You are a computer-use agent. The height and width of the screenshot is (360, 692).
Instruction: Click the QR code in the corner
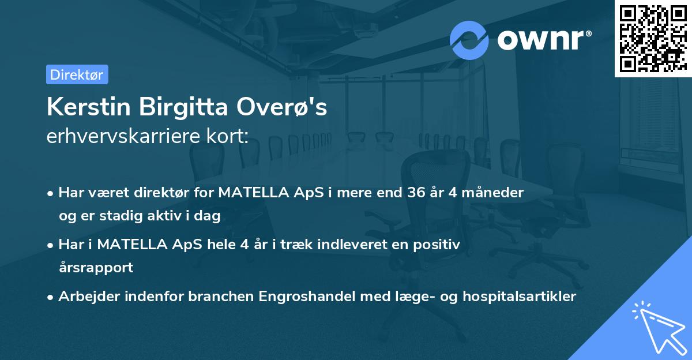(x=653, y=38)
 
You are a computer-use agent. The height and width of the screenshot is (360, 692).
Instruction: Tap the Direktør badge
(x=77, y=74)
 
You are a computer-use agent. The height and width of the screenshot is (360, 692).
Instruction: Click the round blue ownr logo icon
(x=469, y=40)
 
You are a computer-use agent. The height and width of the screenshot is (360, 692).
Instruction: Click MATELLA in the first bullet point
(x=253, y=193)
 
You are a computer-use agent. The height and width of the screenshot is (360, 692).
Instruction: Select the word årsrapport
(x=96, y=268)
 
